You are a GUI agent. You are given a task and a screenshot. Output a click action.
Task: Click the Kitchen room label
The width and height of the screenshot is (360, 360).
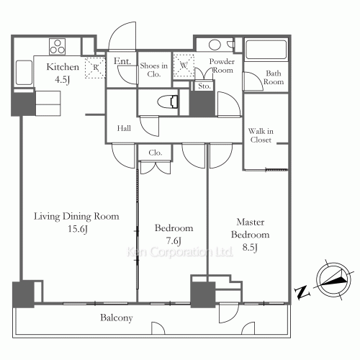(x=63, y=67)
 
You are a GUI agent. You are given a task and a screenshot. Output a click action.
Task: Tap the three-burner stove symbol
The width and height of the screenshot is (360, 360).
(x=58, y=47)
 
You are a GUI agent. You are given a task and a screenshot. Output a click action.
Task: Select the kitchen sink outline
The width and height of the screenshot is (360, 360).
(x=24, y=73)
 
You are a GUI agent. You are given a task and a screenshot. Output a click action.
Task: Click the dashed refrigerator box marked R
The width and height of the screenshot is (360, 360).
(x=95, y=68)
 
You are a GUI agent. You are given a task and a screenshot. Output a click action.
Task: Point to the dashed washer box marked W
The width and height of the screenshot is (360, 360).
(x=184, y=66)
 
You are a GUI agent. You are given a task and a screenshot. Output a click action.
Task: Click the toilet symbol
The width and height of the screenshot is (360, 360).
(x=168, y=102)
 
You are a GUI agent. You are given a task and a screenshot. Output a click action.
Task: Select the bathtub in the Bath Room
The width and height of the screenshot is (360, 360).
(x=266, y=50)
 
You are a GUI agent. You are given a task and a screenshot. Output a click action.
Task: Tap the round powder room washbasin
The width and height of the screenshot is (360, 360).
(x=215, y=45)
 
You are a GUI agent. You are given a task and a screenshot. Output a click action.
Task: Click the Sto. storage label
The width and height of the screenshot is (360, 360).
(x=204, y=86)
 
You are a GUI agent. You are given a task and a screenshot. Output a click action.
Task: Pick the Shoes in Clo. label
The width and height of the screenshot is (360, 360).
(x=154, y=70)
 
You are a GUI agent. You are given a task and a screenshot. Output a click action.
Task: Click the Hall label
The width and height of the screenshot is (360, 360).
(x=124, y=128)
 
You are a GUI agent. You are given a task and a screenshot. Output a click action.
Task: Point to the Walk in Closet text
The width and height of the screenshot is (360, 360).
(x=261, y=135)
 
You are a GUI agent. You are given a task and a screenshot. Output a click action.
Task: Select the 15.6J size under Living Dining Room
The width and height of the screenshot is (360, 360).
(x=78, y=229)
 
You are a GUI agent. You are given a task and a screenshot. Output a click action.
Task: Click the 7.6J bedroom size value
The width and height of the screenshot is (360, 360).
(x=174, y=240)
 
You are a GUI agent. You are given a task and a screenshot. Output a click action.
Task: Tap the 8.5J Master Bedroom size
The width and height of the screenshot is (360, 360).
(x=250, y=247)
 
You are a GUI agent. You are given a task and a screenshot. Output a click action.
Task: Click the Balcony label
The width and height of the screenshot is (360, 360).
(x=117, y=318)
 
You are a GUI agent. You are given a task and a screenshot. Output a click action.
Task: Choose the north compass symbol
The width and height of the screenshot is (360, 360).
(x=333, y=280)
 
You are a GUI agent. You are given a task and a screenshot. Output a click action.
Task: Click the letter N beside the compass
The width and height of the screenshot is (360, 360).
(x=302, y=292)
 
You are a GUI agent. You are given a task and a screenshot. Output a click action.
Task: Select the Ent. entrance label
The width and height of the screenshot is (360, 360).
(x=122, y=61)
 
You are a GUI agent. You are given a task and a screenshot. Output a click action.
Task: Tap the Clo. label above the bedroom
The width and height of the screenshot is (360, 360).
(x=155, y=153)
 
